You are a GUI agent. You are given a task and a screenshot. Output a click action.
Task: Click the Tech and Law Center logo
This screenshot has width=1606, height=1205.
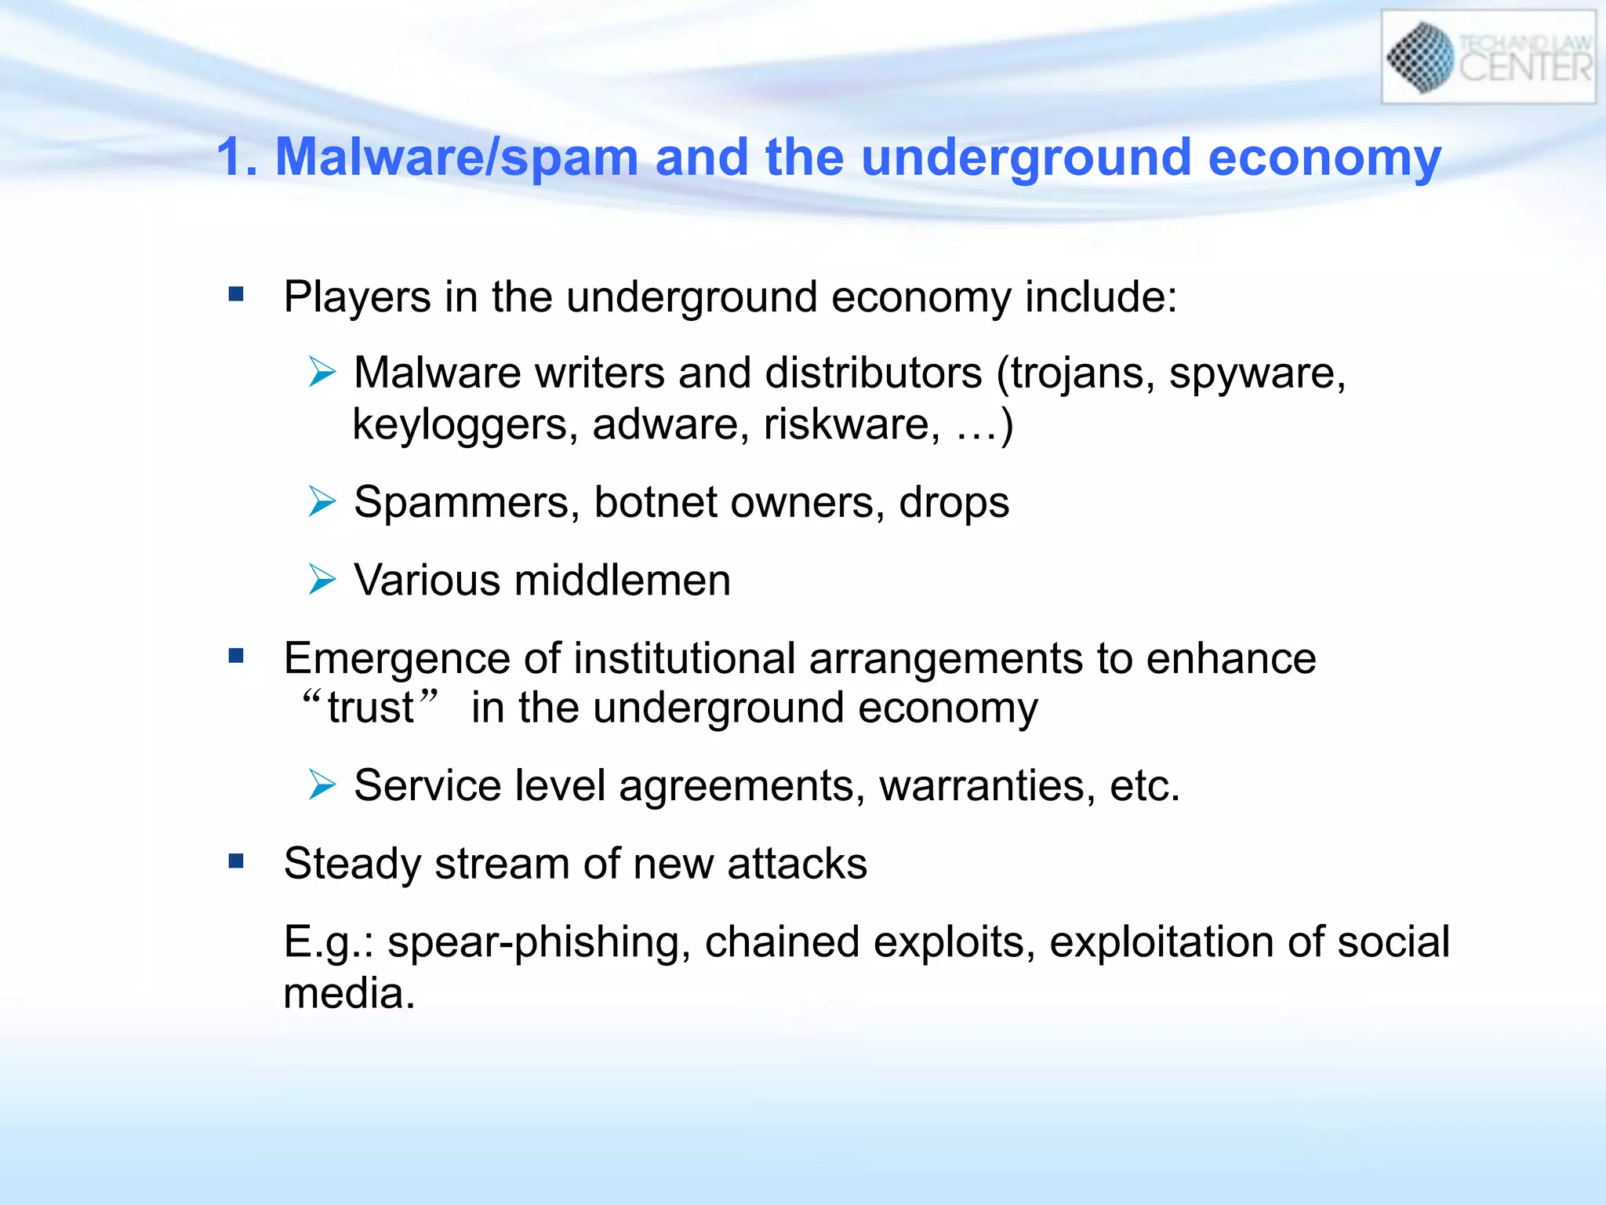1488,57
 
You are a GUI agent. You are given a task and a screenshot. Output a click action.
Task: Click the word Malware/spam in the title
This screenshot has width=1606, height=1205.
456,157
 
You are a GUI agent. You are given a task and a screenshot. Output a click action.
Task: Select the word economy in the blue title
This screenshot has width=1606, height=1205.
1324,157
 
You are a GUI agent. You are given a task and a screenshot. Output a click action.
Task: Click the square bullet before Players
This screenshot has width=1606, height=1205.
236,294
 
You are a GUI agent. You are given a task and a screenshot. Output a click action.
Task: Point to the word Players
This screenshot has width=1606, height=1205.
357,297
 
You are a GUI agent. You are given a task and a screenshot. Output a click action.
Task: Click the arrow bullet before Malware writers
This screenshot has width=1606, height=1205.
322,371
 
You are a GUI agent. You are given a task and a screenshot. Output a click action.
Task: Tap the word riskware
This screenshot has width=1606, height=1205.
852,424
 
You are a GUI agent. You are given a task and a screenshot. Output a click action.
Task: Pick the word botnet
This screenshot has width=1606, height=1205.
655,502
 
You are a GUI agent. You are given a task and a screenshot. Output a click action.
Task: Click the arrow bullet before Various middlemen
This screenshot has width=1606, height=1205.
322,579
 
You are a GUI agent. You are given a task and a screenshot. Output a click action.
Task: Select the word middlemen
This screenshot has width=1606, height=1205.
622,581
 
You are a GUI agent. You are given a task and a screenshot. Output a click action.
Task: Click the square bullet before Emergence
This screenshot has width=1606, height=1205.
236,655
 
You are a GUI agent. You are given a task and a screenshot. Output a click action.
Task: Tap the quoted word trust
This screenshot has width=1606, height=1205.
370,708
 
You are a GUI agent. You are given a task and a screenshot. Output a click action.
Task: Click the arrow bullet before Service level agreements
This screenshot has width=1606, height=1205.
322,785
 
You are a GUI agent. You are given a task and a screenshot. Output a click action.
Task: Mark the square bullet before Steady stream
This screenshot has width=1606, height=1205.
236,861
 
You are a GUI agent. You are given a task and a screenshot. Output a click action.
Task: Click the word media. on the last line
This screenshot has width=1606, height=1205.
348,994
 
